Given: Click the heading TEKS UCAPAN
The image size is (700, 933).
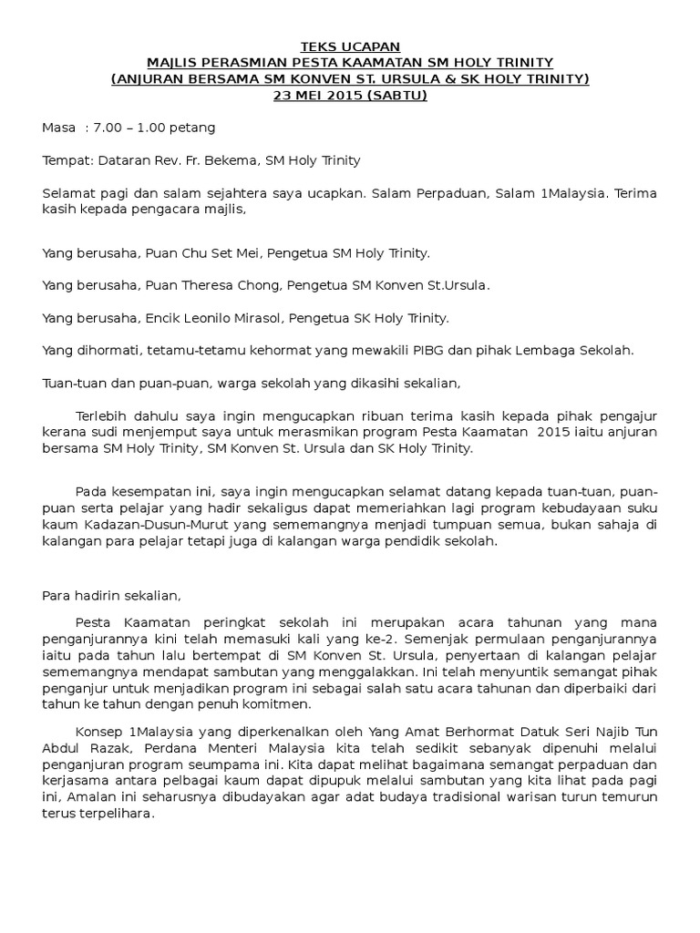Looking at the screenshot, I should tap(350, 46).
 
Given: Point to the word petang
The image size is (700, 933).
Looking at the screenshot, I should tap(195, 128).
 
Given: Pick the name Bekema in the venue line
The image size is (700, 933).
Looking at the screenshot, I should tap(232, 160).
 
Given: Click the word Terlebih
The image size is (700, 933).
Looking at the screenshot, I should tap(103, 416).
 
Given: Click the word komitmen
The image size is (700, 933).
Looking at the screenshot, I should tap(280, 703).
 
